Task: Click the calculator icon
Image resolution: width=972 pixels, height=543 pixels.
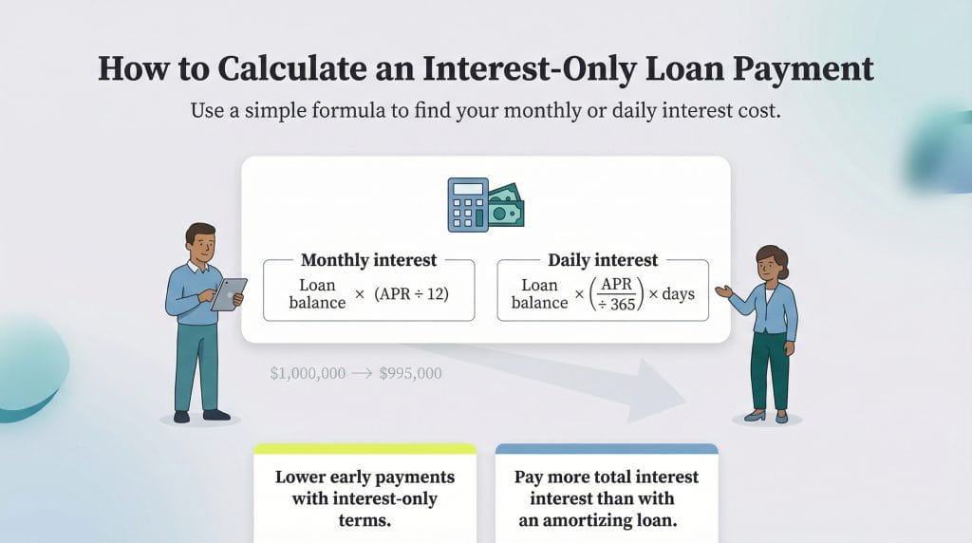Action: tap(467, 204)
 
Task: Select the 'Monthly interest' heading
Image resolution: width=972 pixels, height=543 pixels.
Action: tap(368, 260)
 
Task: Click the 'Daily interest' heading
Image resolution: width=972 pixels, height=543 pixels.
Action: tap(603, 260)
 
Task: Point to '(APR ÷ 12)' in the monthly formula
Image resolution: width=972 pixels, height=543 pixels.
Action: tap(412, 293)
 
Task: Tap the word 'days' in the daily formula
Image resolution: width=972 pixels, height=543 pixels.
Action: tap(678, 293)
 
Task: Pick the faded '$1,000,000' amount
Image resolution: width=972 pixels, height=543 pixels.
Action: tap(308, 373)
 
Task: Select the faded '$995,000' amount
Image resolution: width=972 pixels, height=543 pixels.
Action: tap(410, 373)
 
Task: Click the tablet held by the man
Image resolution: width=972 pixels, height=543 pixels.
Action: tap(229, 293)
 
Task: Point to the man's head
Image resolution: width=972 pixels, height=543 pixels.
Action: tap(200, 243)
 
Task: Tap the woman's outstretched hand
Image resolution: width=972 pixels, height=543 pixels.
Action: tap(722, 291)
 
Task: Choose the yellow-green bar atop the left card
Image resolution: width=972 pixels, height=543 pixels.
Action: tap(364, 448)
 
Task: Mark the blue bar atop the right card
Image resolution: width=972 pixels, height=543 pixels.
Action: tap(607, 448)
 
